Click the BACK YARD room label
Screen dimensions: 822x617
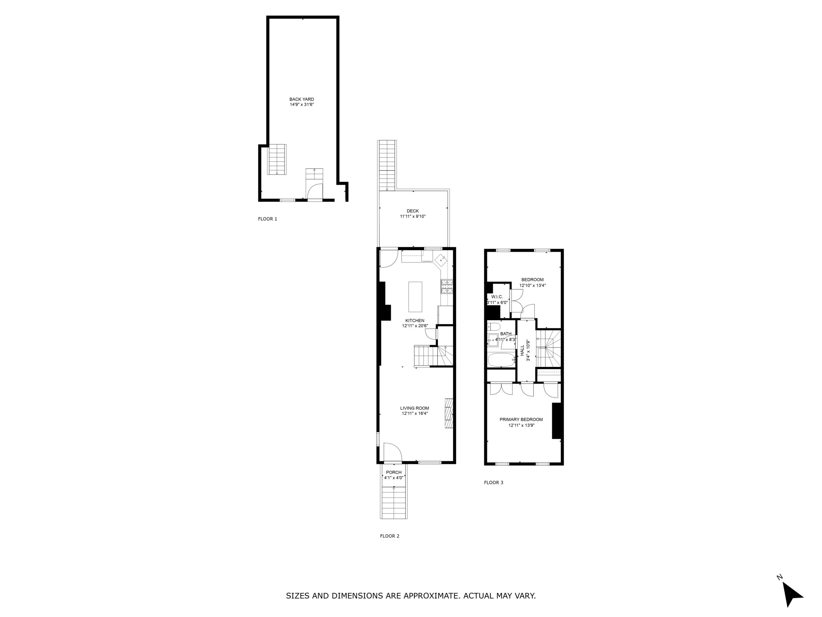[302, 99]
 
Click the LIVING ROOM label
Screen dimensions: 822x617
[415, 408]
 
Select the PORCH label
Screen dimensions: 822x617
[394, 472]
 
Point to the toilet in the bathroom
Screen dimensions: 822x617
[494, 327]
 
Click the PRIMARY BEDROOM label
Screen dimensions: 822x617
[521, 419]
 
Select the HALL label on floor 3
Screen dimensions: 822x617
[522, 350]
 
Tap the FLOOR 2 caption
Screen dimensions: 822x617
[389, 536]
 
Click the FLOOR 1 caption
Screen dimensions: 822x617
[267, 219]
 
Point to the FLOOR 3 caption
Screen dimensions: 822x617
[494, 482]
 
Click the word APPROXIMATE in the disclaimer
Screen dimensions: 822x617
[430, 595]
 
